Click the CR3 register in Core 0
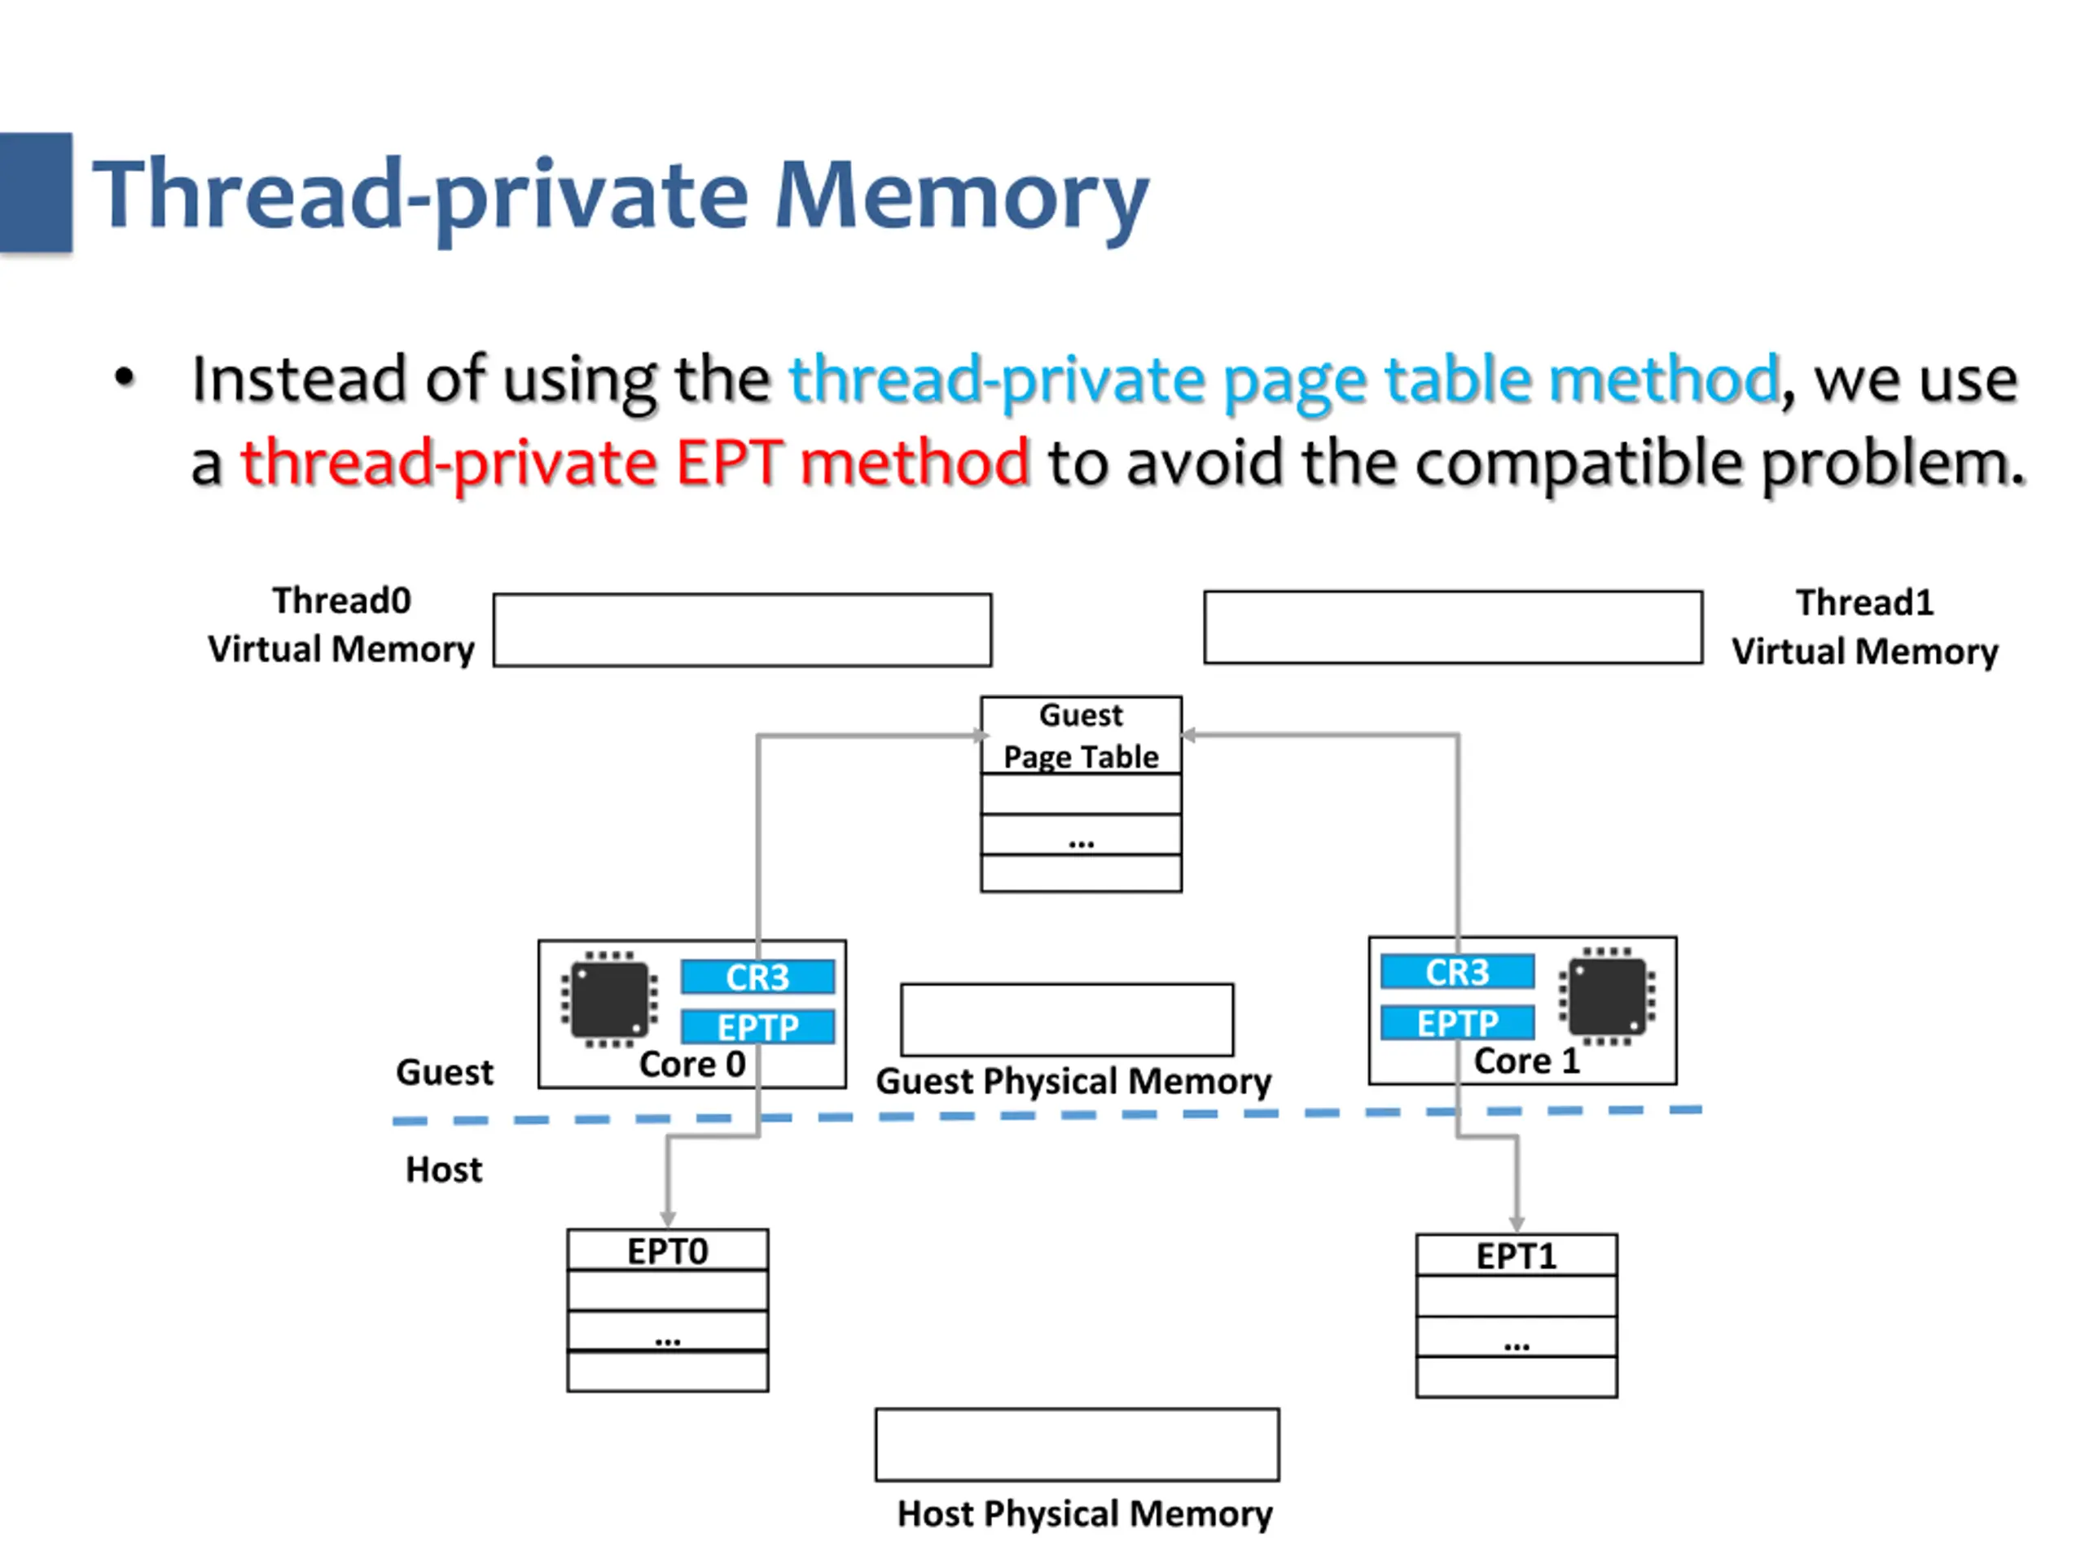click(x=757, y=977)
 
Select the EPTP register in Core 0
click(x=757, y=1026)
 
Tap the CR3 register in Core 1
click(x=1457, y=972)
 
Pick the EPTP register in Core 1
click(x=1457, y=1022)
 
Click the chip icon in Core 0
click(x=610, y=999)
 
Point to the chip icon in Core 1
click(x=1607, y=995)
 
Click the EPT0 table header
click(x=667, y=1251)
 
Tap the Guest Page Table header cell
click(x=1081, y=736)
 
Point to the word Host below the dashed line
click(x=444, y=1170)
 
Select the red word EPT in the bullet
click(x=729, y=462)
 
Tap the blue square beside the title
click(x=36, y=192)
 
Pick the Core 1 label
click(x=1527, y=1061)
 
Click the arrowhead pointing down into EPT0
click(x=667, y=1219)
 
